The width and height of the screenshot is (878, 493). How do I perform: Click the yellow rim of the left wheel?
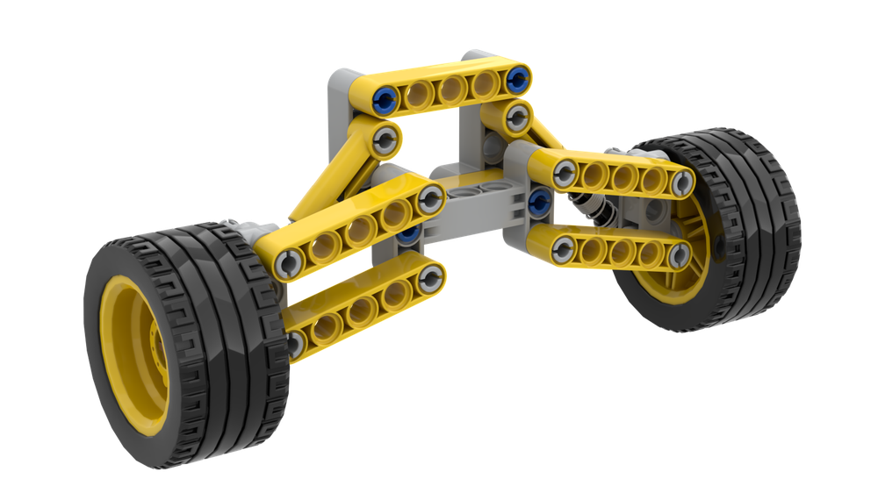click(x=132, y=351)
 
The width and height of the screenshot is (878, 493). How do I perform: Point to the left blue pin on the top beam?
click(x=383, y=97)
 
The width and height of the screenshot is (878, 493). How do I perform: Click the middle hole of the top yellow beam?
click(x=452, y=88)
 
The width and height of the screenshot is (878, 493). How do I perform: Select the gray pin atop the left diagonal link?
click(x=387, y=138)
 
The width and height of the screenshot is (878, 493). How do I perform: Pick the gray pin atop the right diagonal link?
click(x=517, y=116)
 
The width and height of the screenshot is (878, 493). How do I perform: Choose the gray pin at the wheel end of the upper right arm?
click(x=681, y=183)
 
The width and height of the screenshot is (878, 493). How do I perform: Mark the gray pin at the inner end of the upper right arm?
click(x=565, y=175)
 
